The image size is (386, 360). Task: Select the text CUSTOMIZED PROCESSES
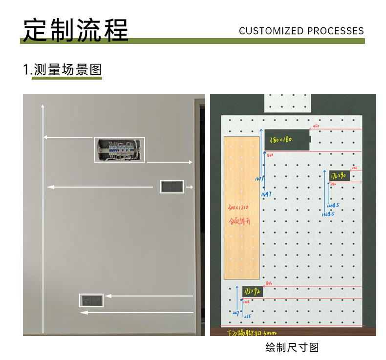(x=301, y=31)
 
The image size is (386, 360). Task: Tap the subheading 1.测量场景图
(x=63, y=69)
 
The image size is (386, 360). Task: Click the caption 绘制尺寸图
(x=292, y=347)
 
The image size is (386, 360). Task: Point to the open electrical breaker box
(x=119, y=149)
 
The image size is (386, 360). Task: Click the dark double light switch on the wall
(x=172, y=187)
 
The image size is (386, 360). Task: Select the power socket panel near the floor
(x=91, y=300)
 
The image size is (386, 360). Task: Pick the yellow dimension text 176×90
(x=338, y=175)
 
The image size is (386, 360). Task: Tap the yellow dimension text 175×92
(x=252, y=292)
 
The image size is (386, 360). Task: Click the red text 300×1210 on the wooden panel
(x=238, y=208)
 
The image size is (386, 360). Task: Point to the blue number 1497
(x=266, y=194)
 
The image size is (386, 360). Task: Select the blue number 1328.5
(x=328, y=214)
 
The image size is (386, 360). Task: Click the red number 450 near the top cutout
(x=315, y=127)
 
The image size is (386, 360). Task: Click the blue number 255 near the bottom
(x=247, y=317)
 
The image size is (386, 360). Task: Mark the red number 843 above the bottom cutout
(x=269, y=283)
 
